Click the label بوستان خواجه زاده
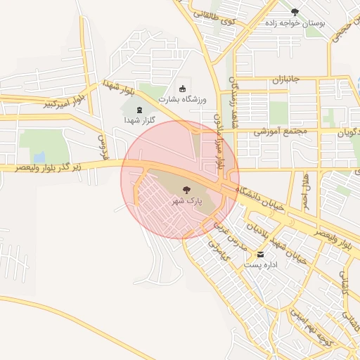click(295, 23)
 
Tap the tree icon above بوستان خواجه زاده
click(295, 12)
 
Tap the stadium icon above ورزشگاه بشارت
click(184, 89)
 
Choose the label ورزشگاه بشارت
click(184, 101)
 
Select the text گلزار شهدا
click(139, 120)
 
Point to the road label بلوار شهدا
click(118, 87)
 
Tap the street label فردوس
click(103, 146)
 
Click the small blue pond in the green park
click(39, 156)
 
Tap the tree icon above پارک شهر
click(186, 189)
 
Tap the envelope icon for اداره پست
click(261, 254)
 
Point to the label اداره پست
click(261, 265)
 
